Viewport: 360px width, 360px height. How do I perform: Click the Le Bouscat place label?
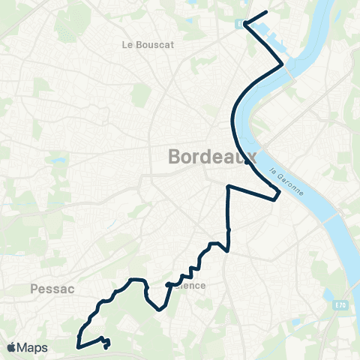pyautogui.click(x=148, y=44)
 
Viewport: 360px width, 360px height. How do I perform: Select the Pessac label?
pyautogui.click(x=51, y=287)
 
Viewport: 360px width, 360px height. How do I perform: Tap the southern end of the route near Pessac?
pyautogui.click(x=106, y=346)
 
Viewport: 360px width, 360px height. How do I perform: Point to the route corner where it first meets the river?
pyautogui.click(x=283, y=65)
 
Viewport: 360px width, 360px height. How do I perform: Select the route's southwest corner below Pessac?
pyautogui.click(x=78, y=347)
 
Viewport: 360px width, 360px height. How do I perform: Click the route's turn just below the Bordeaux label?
pyautogui.click(x=228, y=185)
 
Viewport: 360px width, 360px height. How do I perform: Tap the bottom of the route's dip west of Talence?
pyautogui.click(x=160, y=308)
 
